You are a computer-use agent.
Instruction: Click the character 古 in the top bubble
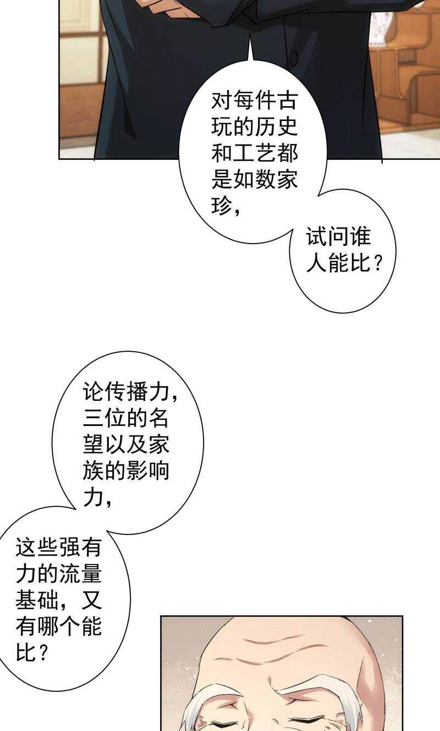(x=287, y=101)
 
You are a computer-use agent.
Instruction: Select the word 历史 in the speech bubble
(x=276, y=127)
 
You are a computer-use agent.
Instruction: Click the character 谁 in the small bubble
(x=360, y=236)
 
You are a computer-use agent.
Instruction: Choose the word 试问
(x=328, y=236)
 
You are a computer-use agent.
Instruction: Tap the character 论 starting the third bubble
(x=94, y=391)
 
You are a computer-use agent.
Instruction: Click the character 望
(x=94, y=444)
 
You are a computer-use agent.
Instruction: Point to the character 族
(x=94, y=470)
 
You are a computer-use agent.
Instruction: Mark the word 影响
(x=147, y=470)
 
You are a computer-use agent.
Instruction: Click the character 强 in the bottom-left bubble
(x=69, y=547)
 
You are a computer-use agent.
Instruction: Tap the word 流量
(x=80, y=574)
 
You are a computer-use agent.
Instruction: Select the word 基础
(x=37, y=600)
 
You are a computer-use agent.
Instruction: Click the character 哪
(x=48, y=626)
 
